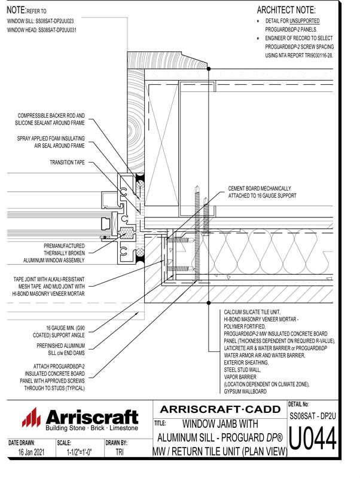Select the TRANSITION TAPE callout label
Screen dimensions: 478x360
coord(67,162)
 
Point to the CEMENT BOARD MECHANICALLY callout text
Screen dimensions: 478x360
coord(262,188)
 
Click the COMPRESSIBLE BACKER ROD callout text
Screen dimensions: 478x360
coord(51,116)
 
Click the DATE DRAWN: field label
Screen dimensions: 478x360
coord(22,443)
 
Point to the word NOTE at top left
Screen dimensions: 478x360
coord(16,10)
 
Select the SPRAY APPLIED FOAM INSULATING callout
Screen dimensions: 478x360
coord(51,138)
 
